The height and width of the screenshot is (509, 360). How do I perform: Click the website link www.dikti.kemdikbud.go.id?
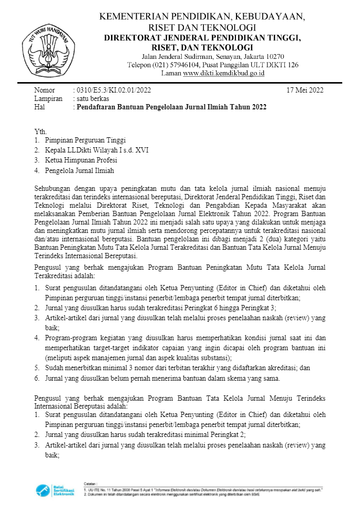[224, 73]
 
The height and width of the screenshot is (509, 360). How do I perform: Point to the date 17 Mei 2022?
[305, 90]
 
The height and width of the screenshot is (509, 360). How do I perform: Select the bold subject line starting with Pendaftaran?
[171, 107]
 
